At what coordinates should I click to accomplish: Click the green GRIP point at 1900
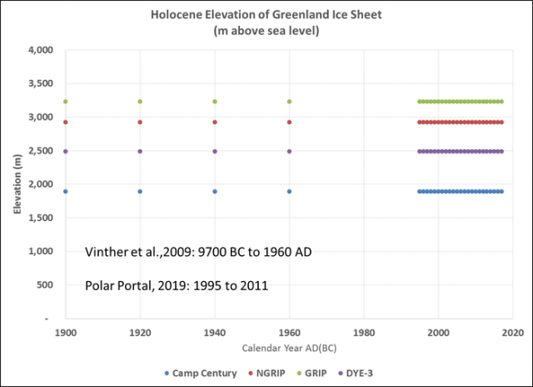[x=66, y=102]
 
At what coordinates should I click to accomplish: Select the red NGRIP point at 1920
[x=140, y=122]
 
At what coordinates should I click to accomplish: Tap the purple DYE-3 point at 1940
[x=215, y=152]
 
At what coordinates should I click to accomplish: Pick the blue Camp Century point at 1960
[x=289, y=191]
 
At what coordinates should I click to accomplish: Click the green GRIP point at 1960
[x=289, y=102]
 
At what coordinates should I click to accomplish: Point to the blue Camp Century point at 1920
[x=140, y=191]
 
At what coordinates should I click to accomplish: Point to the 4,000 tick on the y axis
[x=41, y=50]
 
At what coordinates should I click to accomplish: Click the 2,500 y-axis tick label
[x=41, y=151]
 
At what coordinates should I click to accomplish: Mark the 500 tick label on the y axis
[x=47, y=285]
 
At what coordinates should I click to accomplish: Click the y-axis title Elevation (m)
[x=16, y=185]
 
